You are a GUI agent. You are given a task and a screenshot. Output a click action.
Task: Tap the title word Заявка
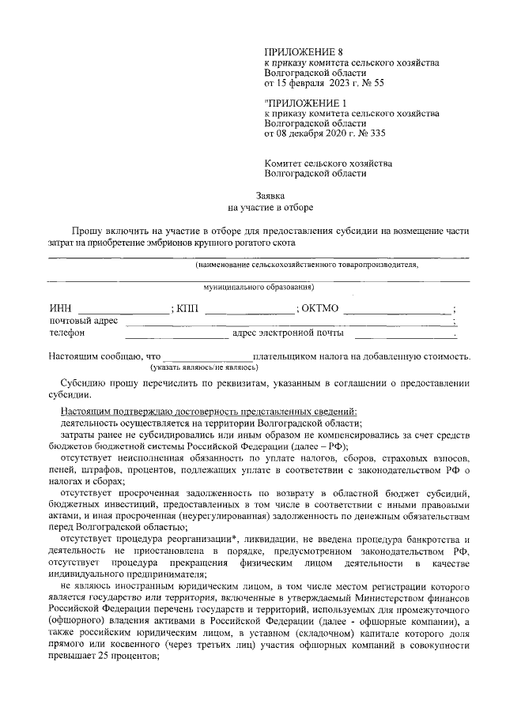click(270, 195)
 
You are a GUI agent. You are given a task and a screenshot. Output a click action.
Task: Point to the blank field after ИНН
click(123, 309)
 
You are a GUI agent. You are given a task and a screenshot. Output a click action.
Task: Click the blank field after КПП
click(248, 309)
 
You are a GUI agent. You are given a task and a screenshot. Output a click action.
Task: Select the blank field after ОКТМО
click(398, 309)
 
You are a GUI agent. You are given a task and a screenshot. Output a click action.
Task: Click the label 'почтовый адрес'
click(83, 321)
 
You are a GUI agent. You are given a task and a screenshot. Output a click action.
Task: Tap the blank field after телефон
click(176, 333)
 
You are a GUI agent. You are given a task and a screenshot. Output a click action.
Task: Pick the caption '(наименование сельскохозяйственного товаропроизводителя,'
click(308, 265)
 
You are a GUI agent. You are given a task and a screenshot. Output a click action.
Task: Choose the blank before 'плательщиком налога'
click(207, 356)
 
